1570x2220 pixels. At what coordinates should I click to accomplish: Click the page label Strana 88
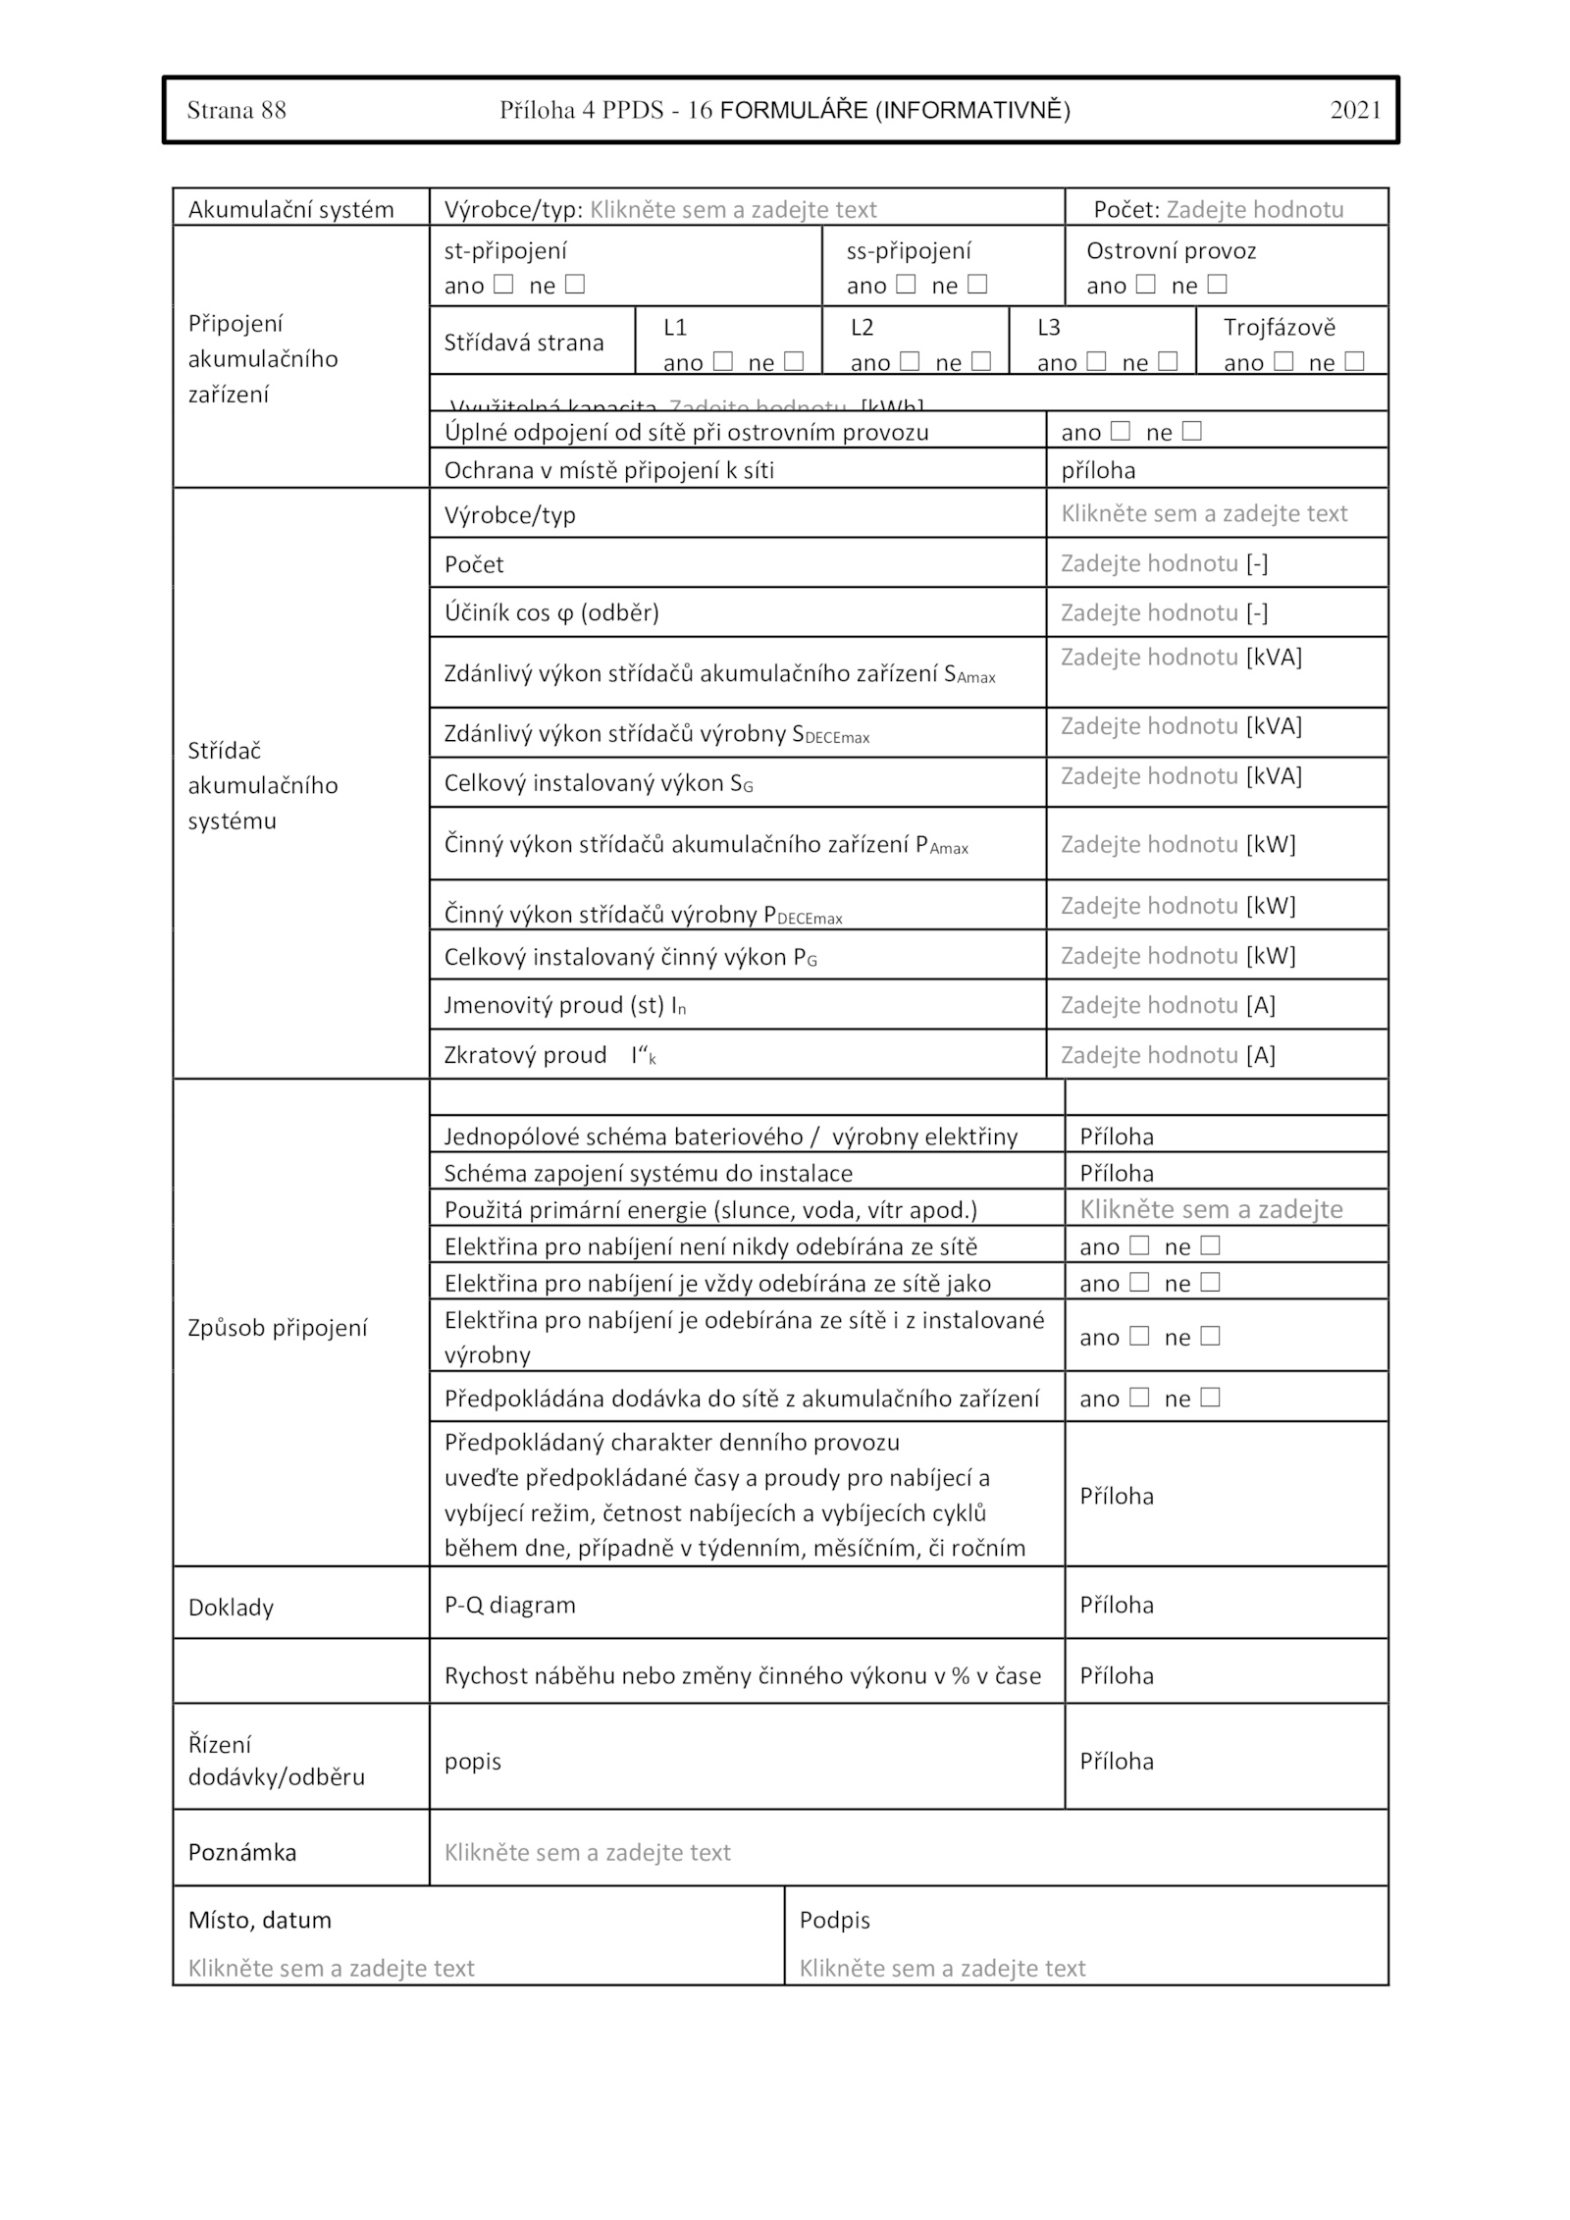point(236,110)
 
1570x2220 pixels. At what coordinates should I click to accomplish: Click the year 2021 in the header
point(1355,110)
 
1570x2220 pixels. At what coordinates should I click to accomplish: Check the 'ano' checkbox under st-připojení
point(503,285)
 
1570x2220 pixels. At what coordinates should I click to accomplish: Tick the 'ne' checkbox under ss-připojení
point(977,285)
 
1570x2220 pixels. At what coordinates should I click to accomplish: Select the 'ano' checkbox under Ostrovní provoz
point(1145,285)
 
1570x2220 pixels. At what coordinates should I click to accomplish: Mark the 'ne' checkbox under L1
point(794,361)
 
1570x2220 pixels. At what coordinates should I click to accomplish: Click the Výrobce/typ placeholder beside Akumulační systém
point(733,209)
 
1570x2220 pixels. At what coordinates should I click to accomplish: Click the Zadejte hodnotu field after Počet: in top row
point(1254,209)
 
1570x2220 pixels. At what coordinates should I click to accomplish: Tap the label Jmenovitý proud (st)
point(564,1005)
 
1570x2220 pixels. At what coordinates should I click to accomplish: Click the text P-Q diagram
point(509,1605)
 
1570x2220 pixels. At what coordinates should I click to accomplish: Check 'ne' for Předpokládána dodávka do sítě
point(1211,1398)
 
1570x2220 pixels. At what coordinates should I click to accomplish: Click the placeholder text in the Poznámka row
point(587,1852)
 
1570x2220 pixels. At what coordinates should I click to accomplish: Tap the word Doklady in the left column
point(231,1608)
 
